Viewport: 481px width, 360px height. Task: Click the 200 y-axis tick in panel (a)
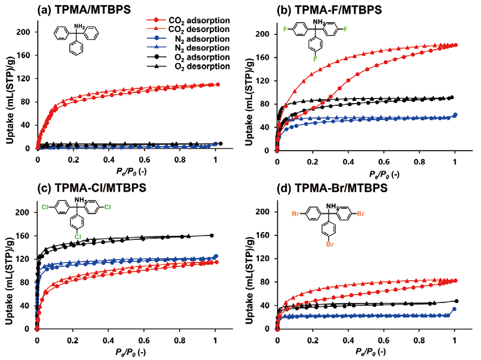[x=24, y=32]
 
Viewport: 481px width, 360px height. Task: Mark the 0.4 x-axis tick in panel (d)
[x=349, y=338]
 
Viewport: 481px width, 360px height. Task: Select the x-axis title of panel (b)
[x=366, y=173]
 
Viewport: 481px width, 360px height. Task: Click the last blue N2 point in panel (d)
[x=454, y=309]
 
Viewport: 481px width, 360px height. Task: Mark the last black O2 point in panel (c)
[x=212, y=235]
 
